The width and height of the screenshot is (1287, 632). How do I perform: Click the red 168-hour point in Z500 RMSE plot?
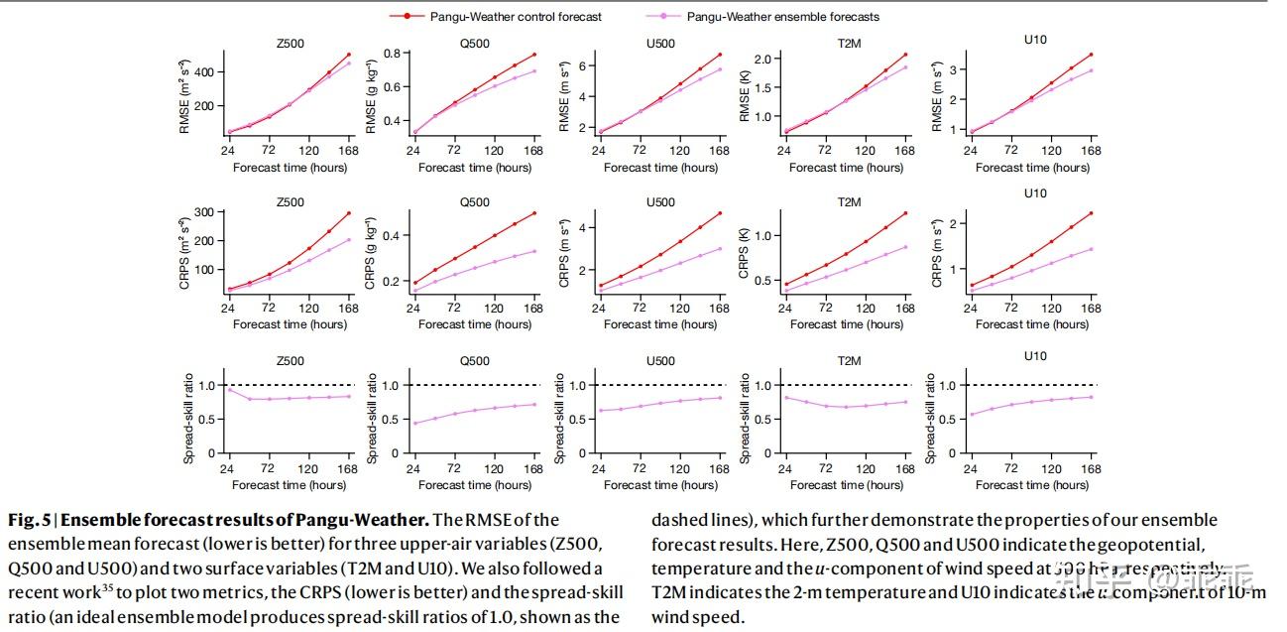tap(349, 55)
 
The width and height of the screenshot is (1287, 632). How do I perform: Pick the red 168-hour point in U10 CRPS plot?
tap(1091, 213)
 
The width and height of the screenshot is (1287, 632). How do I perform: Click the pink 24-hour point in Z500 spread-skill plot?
tap(229, 390)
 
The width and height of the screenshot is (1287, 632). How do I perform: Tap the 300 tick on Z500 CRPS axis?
tap(211, 212)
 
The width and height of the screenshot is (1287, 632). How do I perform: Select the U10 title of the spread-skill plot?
tap(1034, 356)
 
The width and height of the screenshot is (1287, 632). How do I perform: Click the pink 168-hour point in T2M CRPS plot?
tap(904, 247)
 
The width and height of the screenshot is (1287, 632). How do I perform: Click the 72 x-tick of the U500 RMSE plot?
tap(639, 151)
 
